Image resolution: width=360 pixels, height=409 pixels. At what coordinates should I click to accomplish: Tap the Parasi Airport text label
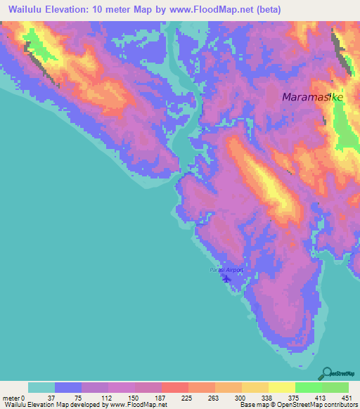pos(226,270)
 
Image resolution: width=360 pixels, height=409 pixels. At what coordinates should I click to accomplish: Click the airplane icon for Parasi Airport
pos(226,279)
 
